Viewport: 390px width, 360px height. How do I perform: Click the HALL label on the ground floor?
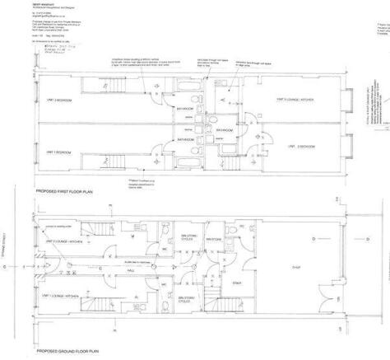point(131,268)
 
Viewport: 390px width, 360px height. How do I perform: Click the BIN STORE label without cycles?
point(214,240)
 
